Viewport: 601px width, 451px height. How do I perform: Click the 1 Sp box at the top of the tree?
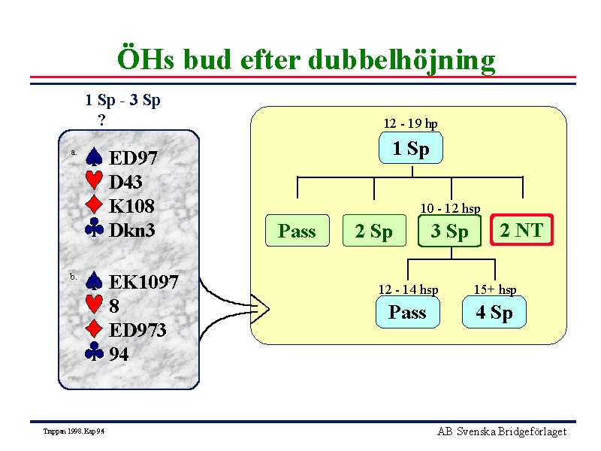point(410,148)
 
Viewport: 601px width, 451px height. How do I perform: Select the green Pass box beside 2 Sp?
point(297,231)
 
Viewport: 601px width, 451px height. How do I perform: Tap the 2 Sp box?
point(374,231)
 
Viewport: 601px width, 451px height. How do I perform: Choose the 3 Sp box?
point(449,231)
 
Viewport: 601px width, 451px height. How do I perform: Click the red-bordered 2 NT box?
point(521,230)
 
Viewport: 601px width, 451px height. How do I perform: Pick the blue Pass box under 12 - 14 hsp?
point(407,312)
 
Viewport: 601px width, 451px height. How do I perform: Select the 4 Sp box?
point(494,312)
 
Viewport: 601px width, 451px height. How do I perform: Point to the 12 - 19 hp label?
point(410,123)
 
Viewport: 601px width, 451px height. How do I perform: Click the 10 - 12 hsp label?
point(450,208)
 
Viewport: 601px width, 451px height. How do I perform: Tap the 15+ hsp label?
point(495,289)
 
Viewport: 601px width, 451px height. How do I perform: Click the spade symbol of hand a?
point(94,156)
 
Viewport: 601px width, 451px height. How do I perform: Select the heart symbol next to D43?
point(94,180)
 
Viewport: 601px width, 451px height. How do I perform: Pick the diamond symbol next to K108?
point(94,204)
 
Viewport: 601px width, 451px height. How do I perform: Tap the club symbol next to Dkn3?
point(94,228)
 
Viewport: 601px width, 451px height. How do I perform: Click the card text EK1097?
point(143,282)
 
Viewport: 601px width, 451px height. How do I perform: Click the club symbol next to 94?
point(94,351)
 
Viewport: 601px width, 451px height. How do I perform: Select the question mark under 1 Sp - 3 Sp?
point(101,120)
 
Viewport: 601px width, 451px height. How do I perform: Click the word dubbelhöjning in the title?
point(402,61)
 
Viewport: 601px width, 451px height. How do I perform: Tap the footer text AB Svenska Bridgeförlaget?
point(502,431)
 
